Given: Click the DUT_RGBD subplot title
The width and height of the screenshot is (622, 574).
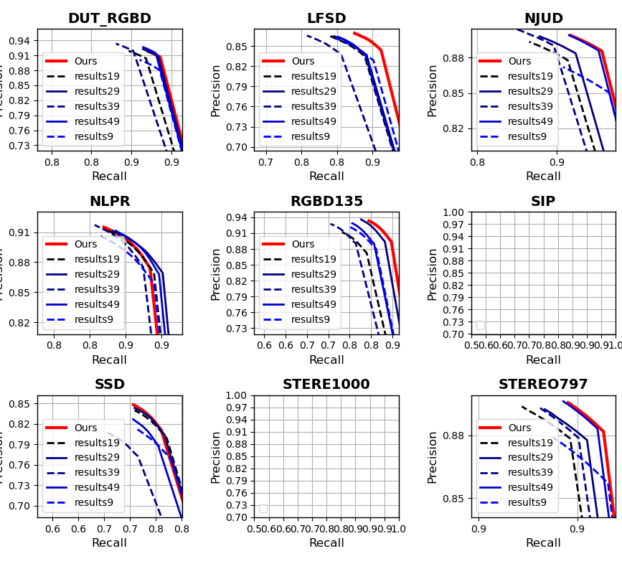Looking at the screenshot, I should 109,19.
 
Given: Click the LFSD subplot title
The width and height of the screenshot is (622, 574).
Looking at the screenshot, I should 326,19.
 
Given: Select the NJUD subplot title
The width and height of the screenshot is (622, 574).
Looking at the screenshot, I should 543,19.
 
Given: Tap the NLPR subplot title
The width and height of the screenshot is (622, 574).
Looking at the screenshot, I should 109,202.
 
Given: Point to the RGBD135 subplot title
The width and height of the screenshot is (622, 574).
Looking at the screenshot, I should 326,202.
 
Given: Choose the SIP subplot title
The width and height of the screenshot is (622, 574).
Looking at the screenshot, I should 543,202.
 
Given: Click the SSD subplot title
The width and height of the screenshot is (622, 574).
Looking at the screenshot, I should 109,385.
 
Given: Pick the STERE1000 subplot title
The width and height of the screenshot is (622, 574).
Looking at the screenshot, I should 326,385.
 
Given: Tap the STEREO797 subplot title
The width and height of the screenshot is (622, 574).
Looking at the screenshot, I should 543,385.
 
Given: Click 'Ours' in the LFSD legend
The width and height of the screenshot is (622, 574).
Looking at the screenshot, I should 303,62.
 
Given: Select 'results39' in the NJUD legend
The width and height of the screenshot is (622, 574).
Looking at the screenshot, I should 530,106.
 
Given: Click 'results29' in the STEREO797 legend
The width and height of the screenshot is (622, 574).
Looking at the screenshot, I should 530,458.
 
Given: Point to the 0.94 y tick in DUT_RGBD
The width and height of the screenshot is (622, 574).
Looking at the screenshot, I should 21,41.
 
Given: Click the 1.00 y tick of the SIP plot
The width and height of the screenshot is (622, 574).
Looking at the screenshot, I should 454,212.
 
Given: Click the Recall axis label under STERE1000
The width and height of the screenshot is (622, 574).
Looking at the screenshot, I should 326,543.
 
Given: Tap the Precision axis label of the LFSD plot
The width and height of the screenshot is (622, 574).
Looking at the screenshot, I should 216,90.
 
